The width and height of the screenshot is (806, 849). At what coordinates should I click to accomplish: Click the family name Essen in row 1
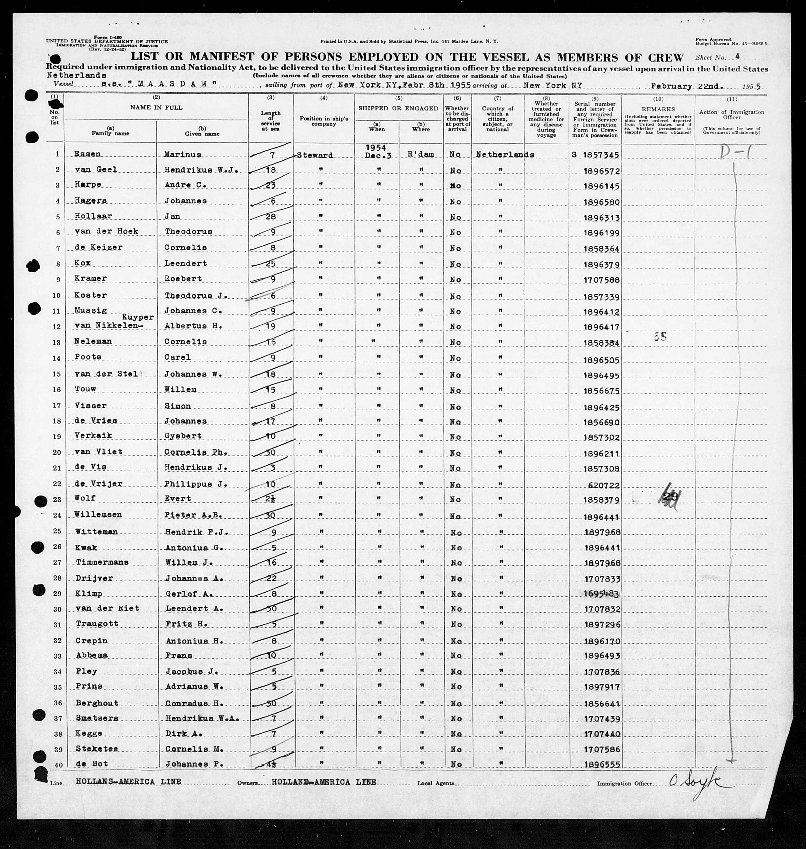pyautogui.click(x=87, y=154)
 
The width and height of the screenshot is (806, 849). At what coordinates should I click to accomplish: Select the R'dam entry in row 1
pyautogui.click(x=421, y=155)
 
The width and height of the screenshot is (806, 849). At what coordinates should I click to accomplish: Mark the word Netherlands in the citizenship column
pyautogui.click(x=505, y=155)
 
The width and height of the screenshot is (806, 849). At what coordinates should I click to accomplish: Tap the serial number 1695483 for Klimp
pyautogui.click(x=601, y=594)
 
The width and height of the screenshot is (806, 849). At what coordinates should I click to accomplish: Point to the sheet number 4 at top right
pyautogui.click(x=737, y=56)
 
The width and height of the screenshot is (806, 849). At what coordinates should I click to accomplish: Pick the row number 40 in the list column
pyautogui.click(x=56, y=764)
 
